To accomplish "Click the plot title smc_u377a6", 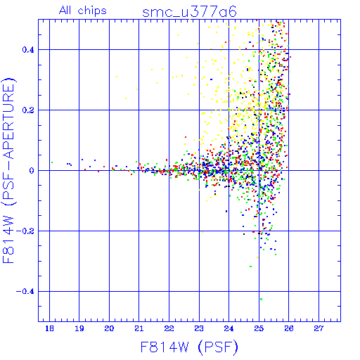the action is (x=189, y=12).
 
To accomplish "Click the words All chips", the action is (x=83, y=11).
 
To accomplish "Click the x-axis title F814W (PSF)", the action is (x=189, y=347).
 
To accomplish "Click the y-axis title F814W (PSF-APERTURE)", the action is (x=9, y=170).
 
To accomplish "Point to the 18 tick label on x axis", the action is (x=49, y=328).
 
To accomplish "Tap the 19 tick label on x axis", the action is (x=79, y=328).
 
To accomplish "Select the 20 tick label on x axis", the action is (x=109, y=328).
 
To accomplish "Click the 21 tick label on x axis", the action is (x=139, y=328).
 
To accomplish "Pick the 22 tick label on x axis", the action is (x=169, y=328).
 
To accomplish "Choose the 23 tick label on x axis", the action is (x=199, y=328).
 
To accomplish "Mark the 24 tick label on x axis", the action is (x=229, y=328).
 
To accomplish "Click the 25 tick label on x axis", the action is (x=259, y=328).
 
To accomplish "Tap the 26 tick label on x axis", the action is (x=289, y=328).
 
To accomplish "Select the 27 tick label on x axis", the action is (x=319, y=328).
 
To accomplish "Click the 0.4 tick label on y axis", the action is (x=28, y=50).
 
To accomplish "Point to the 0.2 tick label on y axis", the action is (x=28, y=110).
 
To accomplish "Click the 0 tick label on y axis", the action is (x=32, y=171).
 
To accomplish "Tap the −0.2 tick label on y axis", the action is (x=25, y=231).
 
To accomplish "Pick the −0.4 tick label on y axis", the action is (x=25, y=292).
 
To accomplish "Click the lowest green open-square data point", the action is (x=262, y=300).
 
